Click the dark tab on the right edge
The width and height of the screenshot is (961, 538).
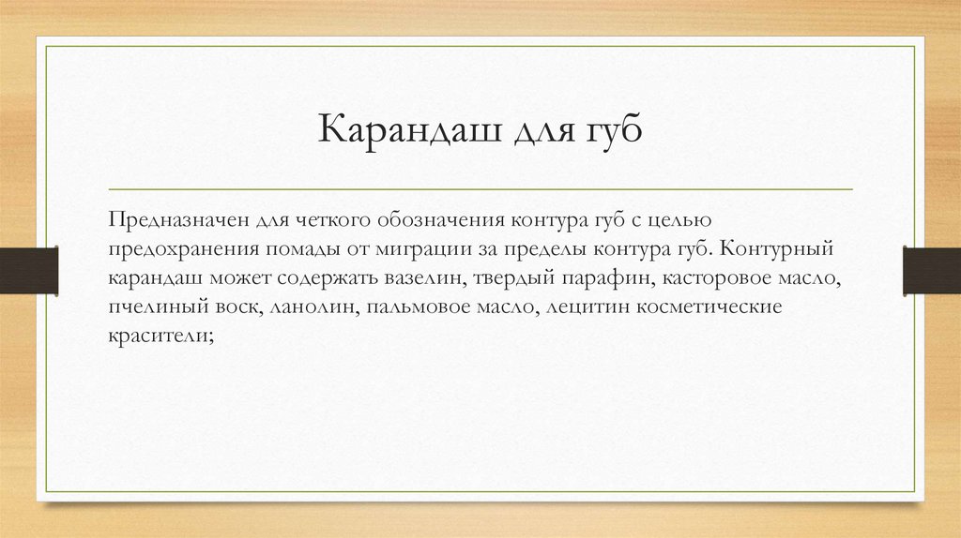(x=931, y=269)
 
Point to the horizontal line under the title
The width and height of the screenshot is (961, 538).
(x=480, y=188)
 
